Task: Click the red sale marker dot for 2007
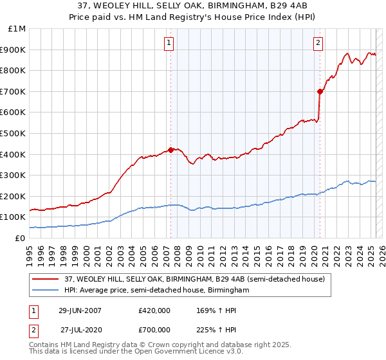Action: [x=170, y=150]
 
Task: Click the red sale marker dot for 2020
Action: [x=320, y=91]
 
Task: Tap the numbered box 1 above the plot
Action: [x=169, y=43]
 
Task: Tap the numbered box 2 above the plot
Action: [x=318, y=43]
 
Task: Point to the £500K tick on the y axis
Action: [x=14, y=133]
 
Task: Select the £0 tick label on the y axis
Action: [x=21, y=238]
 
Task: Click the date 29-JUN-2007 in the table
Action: [x=80, y=310]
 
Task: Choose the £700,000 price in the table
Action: [x=154, y=329]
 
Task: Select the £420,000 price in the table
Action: [x=154, y=310]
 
